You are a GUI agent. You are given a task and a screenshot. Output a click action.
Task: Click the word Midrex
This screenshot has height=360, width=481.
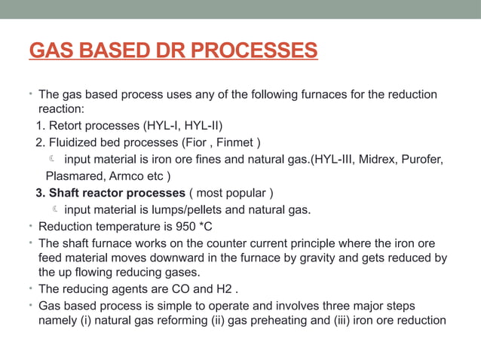pyautogui.click(x=369, y=160)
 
